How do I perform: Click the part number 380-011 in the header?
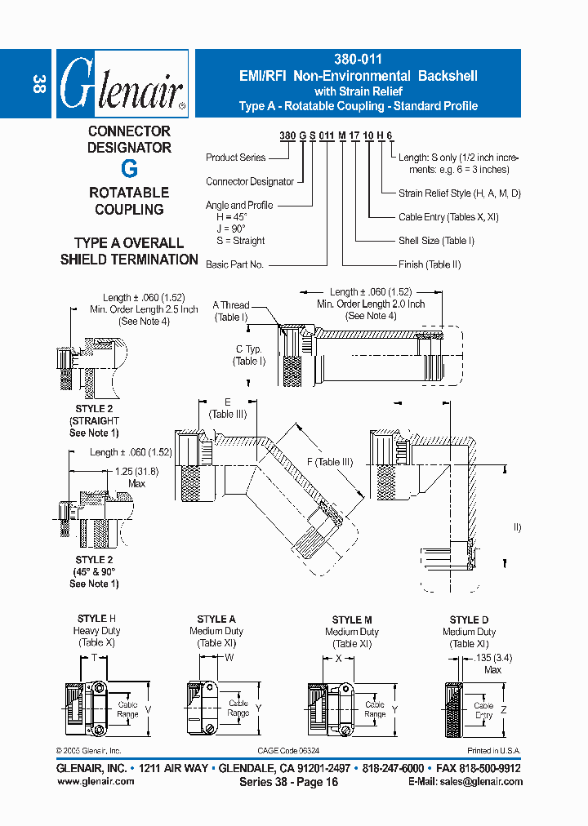coord(358,60)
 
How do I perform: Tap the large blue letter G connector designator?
coord(129,170)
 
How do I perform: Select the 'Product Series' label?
coord(235,158)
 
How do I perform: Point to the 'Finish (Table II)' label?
coord(430,264)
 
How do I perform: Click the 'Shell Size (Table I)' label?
coord(436,241)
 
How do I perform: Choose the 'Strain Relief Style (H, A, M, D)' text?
coord(459,193)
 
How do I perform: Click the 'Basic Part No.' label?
coord(234,264)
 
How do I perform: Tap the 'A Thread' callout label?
coord(231,305)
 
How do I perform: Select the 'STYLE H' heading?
coord(97,619)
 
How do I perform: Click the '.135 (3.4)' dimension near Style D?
coord(492,657)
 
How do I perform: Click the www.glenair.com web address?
coord(96,781)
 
